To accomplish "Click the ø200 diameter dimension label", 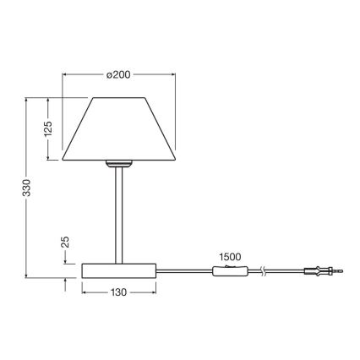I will pos(118,75).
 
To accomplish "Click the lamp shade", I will pos(118,128).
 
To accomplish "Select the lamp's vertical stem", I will pos(118,211).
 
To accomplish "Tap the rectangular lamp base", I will pos(118,270).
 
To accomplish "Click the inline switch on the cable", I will pos(232,270).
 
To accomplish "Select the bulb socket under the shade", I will pos(118,161).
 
